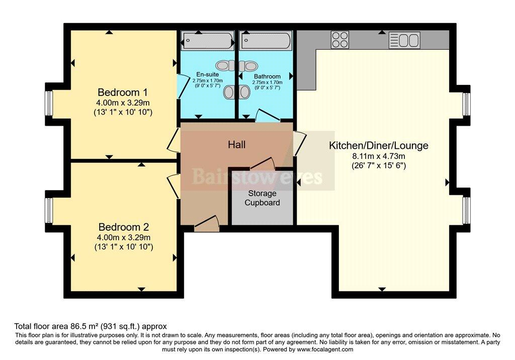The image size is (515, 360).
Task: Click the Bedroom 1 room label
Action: click(123, 93)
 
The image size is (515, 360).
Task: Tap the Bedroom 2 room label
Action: click(123, 227)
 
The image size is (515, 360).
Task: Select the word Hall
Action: click(236, 145)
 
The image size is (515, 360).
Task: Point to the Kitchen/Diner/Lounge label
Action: click(378, 146)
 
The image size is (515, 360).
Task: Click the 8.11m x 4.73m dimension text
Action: click(379, 156)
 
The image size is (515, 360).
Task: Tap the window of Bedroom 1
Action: click(50, 103)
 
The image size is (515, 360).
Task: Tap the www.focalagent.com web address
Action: click(325, 349)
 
